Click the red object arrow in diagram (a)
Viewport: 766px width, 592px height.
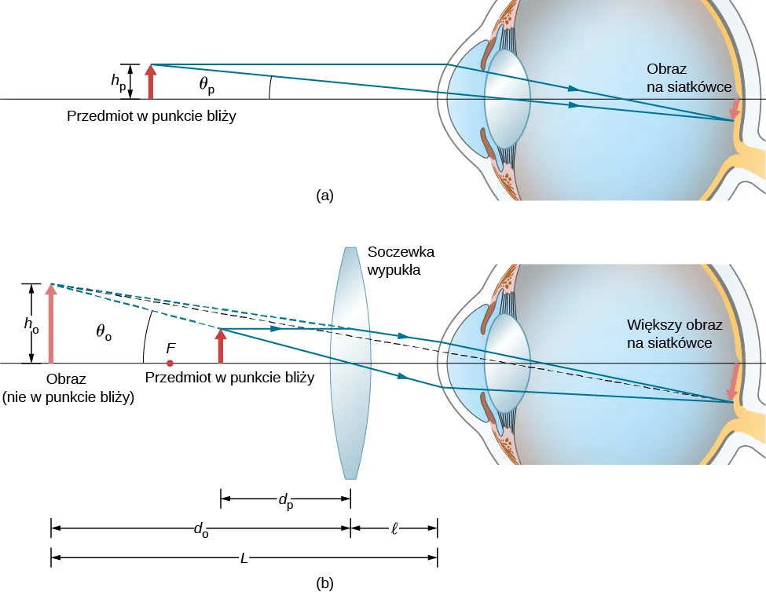point(150,82)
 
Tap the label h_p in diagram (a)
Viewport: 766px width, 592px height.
point(118,82)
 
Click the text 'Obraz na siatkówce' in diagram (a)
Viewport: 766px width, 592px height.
point(689,77)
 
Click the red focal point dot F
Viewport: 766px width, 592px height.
point(170,364)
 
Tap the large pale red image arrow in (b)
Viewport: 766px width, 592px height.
point(51,325)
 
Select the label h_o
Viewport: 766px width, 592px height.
point(30,323)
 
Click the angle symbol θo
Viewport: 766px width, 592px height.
point(104,332)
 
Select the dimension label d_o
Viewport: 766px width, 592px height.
point(201,529)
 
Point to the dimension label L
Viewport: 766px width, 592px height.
point(244,558)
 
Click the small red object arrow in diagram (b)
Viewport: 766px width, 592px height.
point(221,346)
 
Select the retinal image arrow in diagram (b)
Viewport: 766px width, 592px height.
point(735,380)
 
